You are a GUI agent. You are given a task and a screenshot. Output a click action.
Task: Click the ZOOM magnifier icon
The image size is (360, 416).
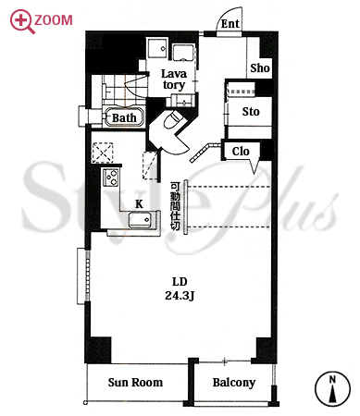[21, 21]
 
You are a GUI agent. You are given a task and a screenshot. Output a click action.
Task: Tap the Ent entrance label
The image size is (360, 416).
[230, 24]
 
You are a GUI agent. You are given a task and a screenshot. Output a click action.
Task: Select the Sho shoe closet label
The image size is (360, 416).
[260, 68]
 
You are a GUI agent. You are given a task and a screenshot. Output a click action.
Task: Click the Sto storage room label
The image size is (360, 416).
[251, 111]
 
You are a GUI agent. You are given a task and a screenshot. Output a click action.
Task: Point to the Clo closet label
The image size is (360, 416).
[241, 152]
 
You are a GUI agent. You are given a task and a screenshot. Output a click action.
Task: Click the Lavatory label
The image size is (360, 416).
[174, 80]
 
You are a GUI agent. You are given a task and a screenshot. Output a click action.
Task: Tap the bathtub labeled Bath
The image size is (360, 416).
[124, 116]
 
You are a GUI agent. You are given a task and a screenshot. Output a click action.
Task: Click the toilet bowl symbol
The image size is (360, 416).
[171, 119]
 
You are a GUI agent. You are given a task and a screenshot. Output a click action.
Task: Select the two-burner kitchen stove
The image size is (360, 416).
[111, 177]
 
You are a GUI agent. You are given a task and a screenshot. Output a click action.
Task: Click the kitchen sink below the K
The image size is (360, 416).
[140, 220]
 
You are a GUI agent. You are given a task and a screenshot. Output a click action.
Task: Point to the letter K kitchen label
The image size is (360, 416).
[139, 203]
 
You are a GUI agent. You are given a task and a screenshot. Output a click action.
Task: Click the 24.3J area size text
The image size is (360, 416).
[180, 296]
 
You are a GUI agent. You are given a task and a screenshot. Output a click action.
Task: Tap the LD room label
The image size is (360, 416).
[180, 282]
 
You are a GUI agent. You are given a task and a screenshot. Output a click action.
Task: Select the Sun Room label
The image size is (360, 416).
[135, 383]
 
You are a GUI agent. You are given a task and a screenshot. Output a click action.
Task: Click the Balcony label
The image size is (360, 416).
[234, 383]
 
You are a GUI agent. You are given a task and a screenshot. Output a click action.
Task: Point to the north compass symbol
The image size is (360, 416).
[332, 388]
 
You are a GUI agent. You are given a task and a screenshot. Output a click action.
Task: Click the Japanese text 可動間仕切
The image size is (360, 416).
[175, 206]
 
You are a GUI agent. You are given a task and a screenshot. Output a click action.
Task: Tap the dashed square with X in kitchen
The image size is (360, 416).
[103, 153]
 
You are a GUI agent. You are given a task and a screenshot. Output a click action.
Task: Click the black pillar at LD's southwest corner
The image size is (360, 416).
[98, 349]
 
